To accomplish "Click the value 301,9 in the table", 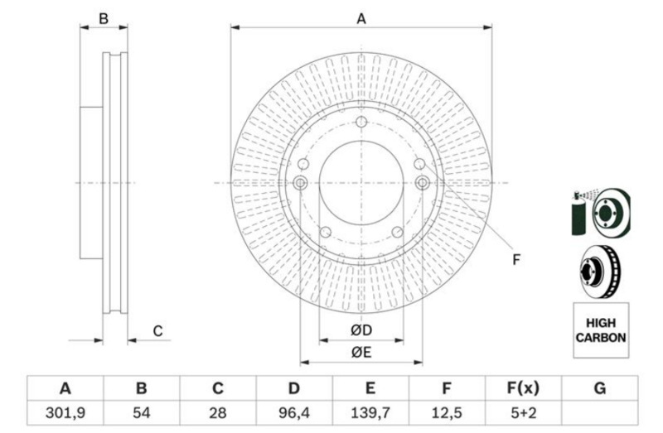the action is [65, 413].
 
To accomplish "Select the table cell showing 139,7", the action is [370, 413].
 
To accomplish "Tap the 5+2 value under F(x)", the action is [524, 413].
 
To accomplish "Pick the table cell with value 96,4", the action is [294, 413].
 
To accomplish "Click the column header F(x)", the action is [524, 387].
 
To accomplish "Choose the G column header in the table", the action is [599, 387].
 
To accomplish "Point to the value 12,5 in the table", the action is [447, 413].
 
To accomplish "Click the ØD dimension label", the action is [361, 330].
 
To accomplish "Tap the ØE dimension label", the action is [361, 352].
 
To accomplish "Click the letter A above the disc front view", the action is [361, 18].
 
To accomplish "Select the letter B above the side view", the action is [104, 18].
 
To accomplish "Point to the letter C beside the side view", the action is [157, 331].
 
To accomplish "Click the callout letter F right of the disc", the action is [515, 259].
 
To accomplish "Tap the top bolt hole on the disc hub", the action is [361, 122].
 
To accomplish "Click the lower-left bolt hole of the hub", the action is [325, 232].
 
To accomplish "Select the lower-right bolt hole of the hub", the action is [397, 232].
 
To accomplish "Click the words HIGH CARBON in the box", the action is [600, 330].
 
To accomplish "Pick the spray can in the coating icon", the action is [578, 214].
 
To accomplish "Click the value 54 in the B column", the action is [141, 413].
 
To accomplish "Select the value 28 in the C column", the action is [218, 413].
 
